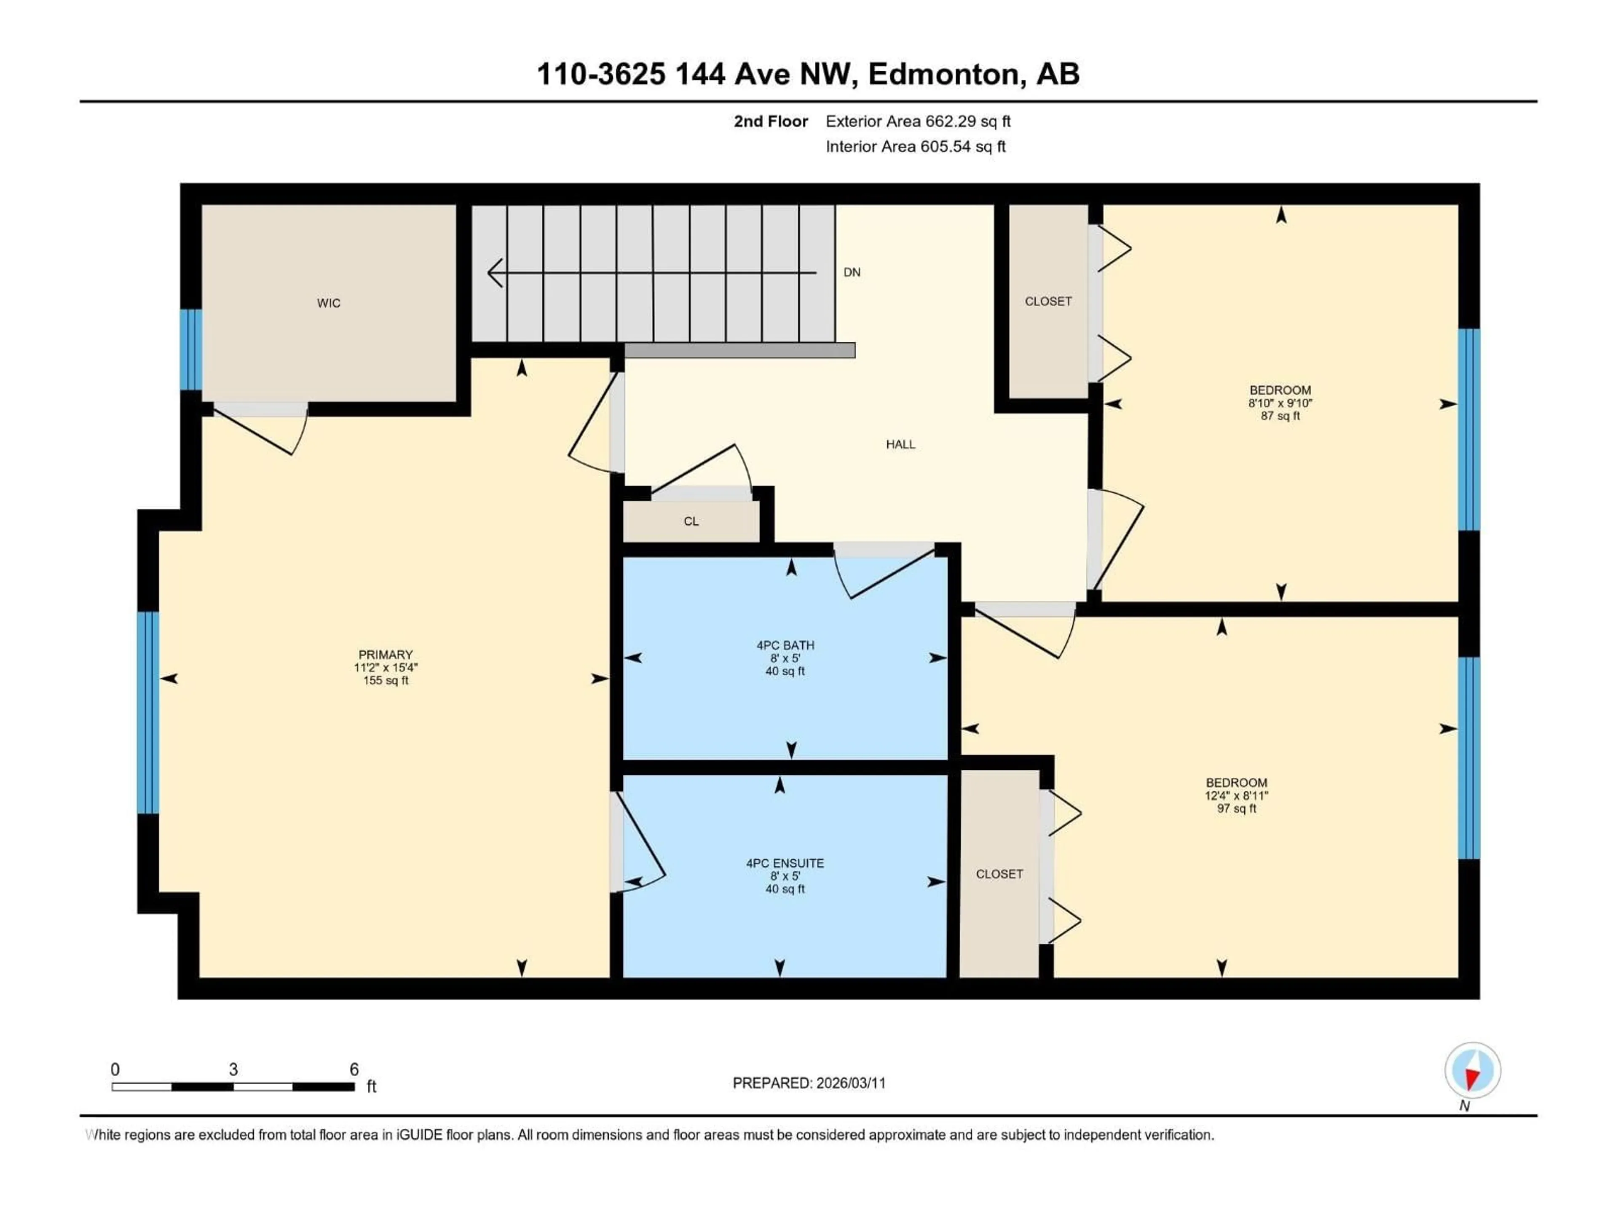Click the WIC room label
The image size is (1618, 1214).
328,303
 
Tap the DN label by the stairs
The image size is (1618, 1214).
852,272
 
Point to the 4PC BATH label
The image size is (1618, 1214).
785,645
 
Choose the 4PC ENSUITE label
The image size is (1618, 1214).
785,863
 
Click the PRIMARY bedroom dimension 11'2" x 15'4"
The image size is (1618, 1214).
386,667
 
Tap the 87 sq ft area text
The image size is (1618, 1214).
1280,416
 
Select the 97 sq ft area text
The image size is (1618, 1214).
1236,808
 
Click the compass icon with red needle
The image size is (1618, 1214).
1473,1071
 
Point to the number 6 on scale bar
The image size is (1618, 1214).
354,1069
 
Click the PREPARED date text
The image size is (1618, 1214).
809,1083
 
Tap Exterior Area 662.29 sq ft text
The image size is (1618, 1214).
918,121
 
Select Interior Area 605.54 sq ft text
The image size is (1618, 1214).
915,146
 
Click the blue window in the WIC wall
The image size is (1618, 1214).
191,350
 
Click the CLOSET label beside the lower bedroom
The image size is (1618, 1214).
999,875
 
